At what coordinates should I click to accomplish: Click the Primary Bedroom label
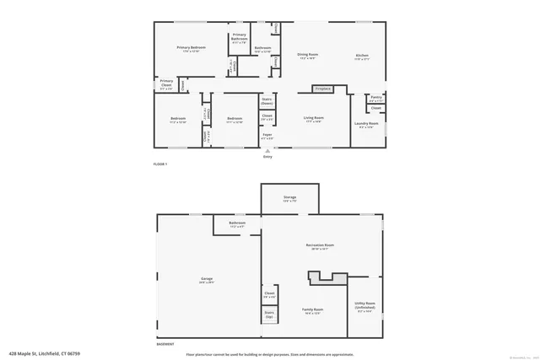tap(192, 48)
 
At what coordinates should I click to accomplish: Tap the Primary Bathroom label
tap(240, 35)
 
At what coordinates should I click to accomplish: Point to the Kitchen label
tap(362, 56)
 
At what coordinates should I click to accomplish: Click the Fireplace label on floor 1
tap(322, 89)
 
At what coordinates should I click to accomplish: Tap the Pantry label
tap(376, 97)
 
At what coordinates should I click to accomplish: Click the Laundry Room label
tap(368, 124)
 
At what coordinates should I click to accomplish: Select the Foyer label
tap(267, 135)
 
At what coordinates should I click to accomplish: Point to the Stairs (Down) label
tap(267, 100)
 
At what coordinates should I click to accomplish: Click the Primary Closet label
tap(166, 83)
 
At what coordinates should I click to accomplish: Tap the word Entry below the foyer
tap(267, 157)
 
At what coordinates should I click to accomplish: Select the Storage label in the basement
tap(289, 198)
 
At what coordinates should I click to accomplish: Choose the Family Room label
tap(313, 310)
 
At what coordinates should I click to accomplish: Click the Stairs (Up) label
tap(269, 314)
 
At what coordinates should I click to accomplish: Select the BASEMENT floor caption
tap(165, 344)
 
